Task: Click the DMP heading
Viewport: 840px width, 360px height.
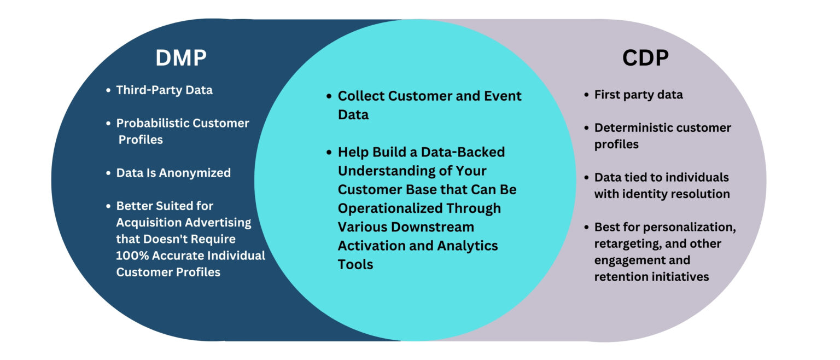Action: point(181,58)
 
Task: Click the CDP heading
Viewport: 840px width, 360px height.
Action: point(645,58)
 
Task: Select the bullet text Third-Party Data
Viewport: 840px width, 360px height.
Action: point(164,90)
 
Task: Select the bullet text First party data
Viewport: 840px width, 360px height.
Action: point(638,95)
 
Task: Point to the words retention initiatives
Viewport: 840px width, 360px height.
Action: point(651,276)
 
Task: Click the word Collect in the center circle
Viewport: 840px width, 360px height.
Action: point(361,96)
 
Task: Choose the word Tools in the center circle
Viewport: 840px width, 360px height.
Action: point(355,264)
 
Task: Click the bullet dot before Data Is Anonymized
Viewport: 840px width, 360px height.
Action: point(109,173)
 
